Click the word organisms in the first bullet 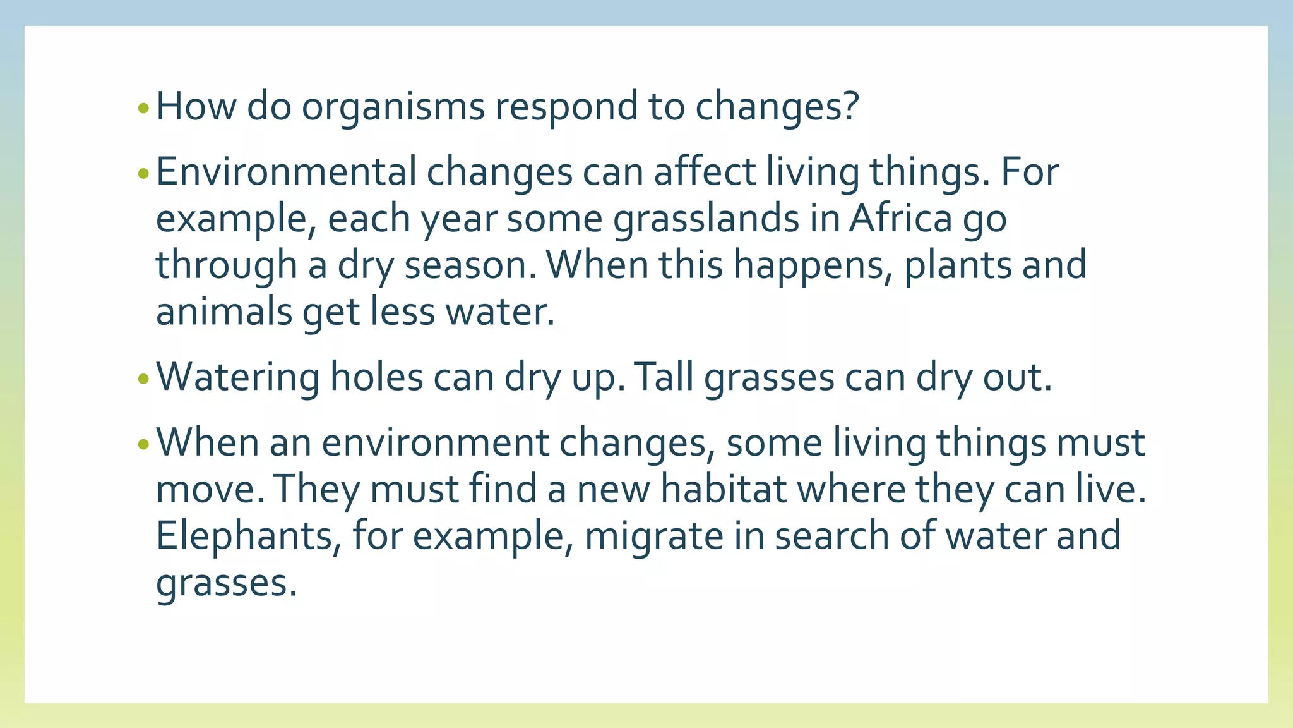click(x=393, y=107)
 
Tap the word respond click(x=566, y=107)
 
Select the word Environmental click(x=285, y=172)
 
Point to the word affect click(x=704, y=172)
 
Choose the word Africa click(x=900, y=219)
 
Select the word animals click(x=223, y=312)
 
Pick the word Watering click(x=237, y=378)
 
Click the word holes click(x=376, y=378)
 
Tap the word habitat click(x=723, y=489)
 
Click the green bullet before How click(x=143, y=109)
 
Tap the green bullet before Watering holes click(x=143, y=379)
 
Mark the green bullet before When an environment click(x=143, y=444)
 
